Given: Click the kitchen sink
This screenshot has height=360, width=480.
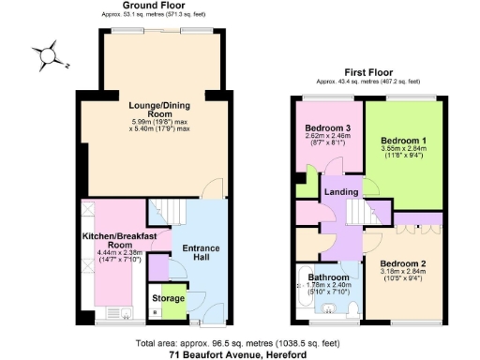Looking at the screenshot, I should pos(125,311).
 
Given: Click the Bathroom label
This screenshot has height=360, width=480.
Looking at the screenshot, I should pos(331,277).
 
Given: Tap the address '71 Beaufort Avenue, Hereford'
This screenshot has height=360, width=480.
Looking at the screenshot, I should pos(239,355).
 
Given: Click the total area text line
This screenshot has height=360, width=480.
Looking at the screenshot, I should pos(239,343).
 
